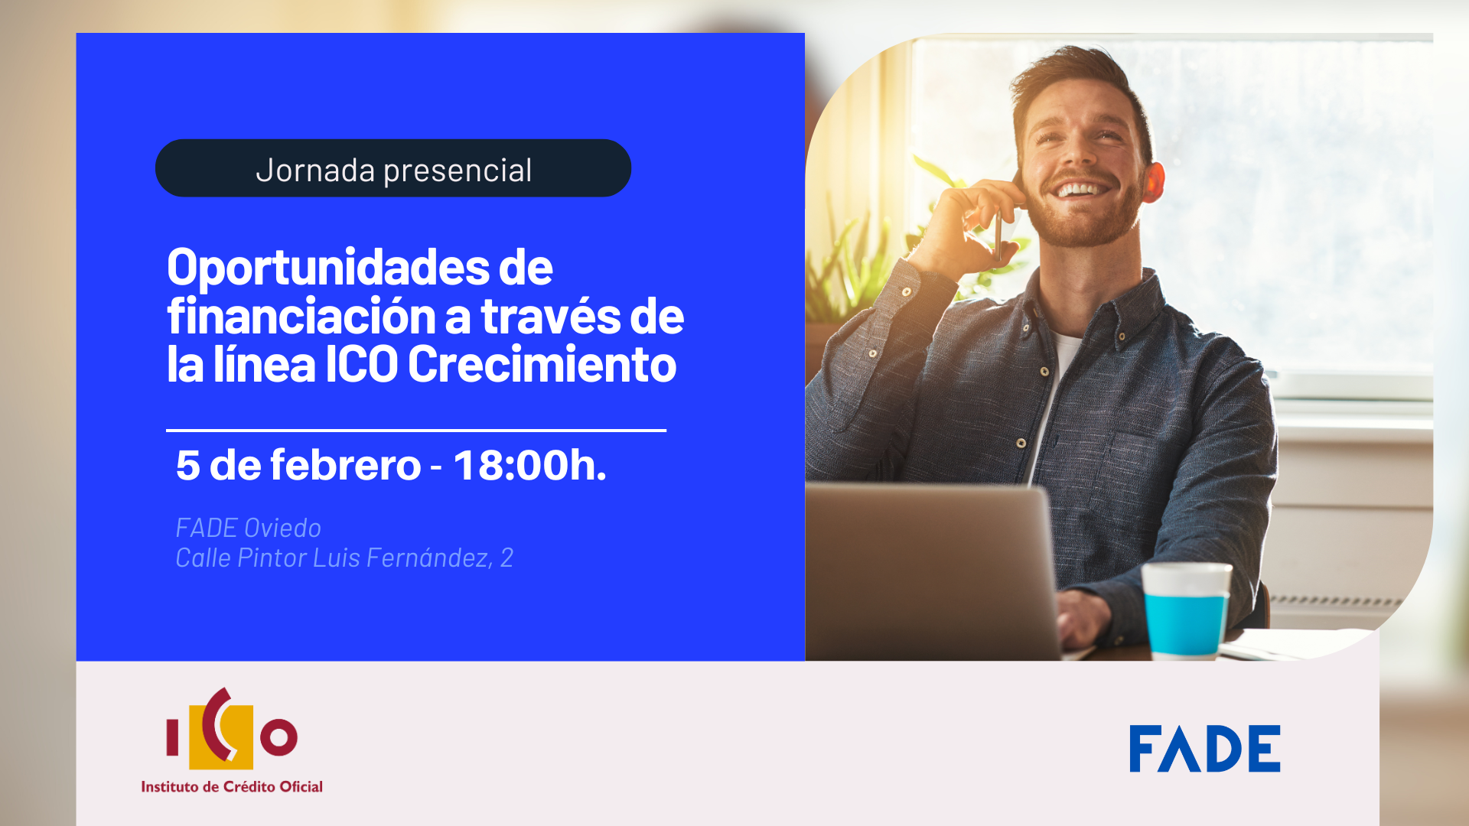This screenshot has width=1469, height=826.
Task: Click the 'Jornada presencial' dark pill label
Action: (x=393, y=168)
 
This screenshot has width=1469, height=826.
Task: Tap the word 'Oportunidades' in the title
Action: (x=328, y=268)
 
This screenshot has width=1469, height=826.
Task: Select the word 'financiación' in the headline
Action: (x=302, y=316)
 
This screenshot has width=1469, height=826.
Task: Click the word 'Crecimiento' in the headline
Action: (x=542, y=364)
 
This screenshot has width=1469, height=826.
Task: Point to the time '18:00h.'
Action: (x=529, y=465)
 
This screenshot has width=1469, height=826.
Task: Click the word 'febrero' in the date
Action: (x=345, y=465)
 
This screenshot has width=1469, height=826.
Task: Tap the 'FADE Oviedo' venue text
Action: (x=248, y=528)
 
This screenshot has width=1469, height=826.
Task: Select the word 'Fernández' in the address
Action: (x=429, y=558)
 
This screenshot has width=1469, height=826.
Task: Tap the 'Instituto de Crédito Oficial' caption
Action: (x=232, y=786)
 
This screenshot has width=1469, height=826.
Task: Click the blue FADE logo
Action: (x=1204, y=749)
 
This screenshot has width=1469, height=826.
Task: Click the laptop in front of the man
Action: (x=930, y=570)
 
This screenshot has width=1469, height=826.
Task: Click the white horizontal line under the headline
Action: (x=416, y=431)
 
